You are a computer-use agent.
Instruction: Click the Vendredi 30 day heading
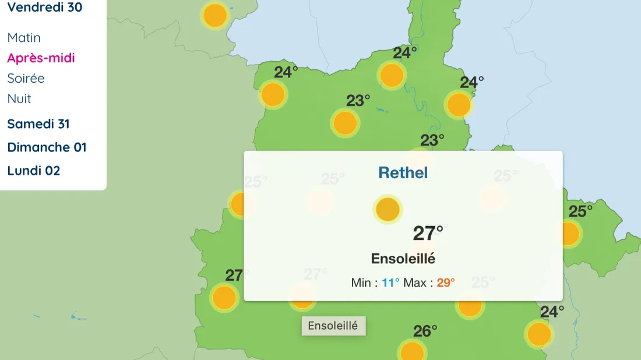44,8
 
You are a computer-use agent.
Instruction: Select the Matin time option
24,38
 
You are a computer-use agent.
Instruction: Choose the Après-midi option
41,58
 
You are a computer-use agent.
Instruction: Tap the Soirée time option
26,78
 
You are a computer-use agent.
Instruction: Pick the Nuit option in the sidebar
19,98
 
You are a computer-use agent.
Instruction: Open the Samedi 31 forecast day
38,124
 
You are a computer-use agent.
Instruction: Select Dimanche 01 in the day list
47,147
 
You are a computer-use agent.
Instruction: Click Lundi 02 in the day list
34,171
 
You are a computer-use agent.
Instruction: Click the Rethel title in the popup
403,172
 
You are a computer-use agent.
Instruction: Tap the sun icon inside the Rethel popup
388,209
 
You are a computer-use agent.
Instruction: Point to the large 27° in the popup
428,233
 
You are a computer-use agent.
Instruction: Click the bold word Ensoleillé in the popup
403,259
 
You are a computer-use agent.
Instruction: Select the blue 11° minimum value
390,283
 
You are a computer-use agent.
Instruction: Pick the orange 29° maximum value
445,283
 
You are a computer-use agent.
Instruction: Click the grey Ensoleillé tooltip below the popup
333,326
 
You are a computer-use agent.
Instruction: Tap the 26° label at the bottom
425,331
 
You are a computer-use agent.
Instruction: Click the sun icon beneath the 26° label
412,352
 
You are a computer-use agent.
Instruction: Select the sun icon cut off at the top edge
215,15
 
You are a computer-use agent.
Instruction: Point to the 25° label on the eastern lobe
580,211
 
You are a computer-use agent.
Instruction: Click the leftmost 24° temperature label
286,72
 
